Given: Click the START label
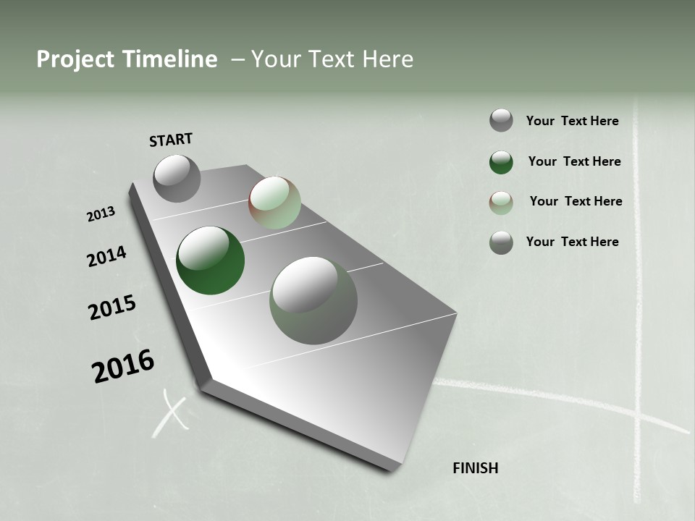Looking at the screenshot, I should [171, 140].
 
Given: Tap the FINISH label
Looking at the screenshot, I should [475, 468].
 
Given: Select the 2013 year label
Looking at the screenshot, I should [101, 214].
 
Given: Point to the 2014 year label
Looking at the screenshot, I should [106, 257].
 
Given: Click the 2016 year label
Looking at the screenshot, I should [123, 366].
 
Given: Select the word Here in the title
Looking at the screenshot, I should [385, 59].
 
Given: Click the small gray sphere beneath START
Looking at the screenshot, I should [177, 178].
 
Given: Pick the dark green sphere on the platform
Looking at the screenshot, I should [210, 260].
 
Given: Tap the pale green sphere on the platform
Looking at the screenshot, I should [274, 203].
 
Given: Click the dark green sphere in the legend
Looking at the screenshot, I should [501, 162].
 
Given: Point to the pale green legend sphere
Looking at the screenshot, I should [501, 203].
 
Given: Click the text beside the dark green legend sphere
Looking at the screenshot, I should [574, 161].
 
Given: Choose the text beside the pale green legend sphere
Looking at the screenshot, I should [576, 201].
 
